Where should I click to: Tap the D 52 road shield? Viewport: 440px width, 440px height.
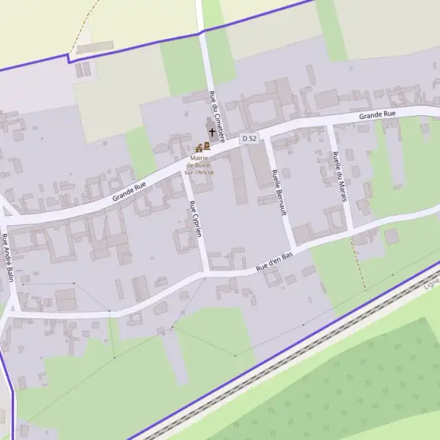[x=250, y=138]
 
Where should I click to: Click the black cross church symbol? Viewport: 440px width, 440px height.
[x=213, y=133]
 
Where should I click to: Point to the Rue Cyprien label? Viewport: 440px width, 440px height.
[x=195, y=219]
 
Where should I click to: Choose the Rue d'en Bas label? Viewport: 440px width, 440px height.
[x=274, y=263]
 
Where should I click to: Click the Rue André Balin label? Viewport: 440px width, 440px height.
[x=8, y=257]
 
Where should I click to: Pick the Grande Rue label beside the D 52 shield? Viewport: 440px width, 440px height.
[x=378, y=115]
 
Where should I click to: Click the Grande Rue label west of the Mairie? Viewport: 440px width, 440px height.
[x=129, y=192]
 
